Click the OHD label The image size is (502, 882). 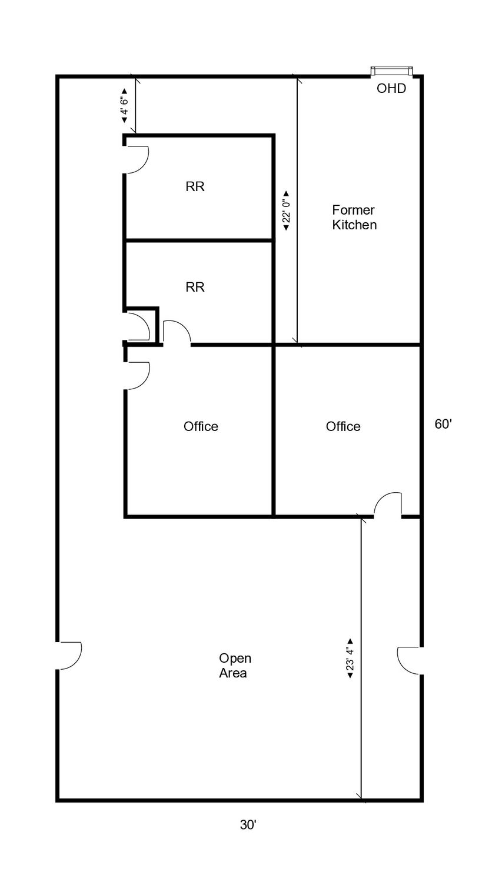tap(391, 88)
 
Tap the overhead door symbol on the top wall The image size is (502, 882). tap(392, 71)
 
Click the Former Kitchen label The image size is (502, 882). tap(354, 218)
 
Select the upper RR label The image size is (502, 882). tap(195, 186)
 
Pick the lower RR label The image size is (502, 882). tap(195, 287)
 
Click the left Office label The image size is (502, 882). tap(201, 426)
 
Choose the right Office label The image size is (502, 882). tap(343, 426)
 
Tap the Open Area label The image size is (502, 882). tap(235, 666)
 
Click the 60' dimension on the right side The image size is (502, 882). tap(443, 424)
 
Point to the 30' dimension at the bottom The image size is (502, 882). tap(248, 824)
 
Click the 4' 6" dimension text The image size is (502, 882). tap(124, 105)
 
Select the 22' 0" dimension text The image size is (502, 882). tap(287, 212)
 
